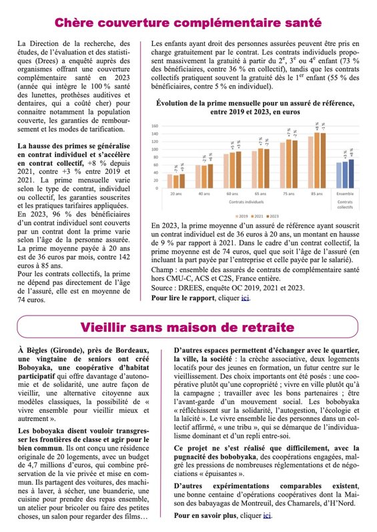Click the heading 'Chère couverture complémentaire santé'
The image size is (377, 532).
pos(188,23)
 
